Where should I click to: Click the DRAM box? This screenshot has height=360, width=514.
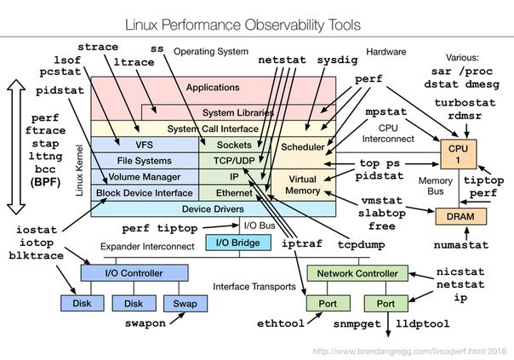pyautogui.click(x=460, y=216)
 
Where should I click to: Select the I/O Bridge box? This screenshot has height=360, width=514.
pyautogui.click(x=238, y=243)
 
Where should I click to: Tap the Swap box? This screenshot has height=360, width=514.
pyautogui.click(x=186, y=303)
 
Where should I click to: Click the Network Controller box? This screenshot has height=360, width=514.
pyautogui.click(x=357, y=273)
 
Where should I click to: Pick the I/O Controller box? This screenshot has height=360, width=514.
pyautogui.click(x=134, y=273)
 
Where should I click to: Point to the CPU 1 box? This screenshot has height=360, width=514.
pyautogui.click(x=459, y=154)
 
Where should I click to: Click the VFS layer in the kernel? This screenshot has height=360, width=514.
pyautogui.click(x=145, y=145)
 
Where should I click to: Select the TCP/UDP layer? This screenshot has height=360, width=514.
pyautogui.click(x=235, y=161)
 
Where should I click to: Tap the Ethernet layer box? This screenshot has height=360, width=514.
pyautogui.click(x=235, y=193)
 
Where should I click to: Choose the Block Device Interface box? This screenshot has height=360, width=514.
pyautogui.click(x=145, y=193)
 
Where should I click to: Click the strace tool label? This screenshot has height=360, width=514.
pyautogui.click(x=98, y=47)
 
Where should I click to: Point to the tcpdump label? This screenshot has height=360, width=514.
pyautogui.click(x=361, y=244)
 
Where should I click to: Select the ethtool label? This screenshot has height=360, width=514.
pyautogui.click(x=281, y=323)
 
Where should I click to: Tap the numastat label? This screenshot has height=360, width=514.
pyautogui.click(x=461, y=245)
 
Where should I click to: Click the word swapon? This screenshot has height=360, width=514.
pyautogui.click(x=146, y=323)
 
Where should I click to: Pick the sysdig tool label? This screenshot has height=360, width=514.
pyautogui.click(x=337, y=60)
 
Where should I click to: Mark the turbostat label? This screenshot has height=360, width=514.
pyautogui.click(x=465, y=103)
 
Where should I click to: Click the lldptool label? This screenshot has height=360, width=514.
pyautogui.click(x=423, y=323)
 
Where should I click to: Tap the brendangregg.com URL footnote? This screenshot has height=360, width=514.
pyautogui.click(x=410, y=351)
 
